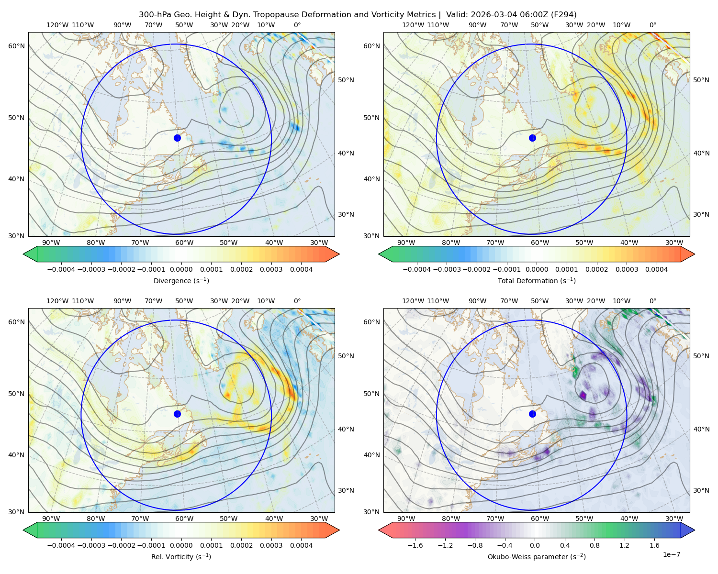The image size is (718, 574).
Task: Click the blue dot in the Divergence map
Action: [177, 138]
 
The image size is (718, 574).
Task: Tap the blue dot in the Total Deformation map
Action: [532, 138]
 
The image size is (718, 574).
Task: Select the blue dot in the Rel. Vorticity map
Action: [177, 414]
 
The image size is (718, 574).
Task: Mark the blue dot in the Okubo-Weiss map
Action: [532, 414]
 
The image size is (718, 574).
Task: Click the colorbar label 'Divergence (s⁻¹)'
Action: [181, 281]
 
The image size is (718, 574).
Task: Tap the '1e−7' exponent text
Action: [671, 554]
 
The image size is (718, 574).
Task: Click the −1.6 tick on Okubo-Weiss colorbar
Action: [415, 545]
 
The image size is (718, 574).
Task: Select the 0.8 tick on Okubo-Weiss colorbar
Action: [595, 545]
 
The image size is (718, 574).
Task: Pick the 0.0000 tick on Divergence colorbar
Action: [181, 269]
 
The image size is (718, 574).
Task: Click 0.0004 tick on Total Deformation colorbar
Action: [656, 269]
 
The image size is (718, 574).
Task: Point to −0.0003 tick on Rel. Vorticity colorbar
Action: [91, 545]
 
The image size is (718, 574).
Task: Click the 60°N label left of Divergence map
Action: [16, 46]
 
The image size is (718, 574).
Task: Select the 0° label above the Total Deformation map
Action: [652, 25]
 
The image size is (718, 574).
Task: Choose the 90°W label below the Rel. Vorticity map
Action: [51, 519]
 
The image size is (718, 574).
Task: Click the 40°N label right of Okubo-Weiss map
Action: [701, 429]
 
